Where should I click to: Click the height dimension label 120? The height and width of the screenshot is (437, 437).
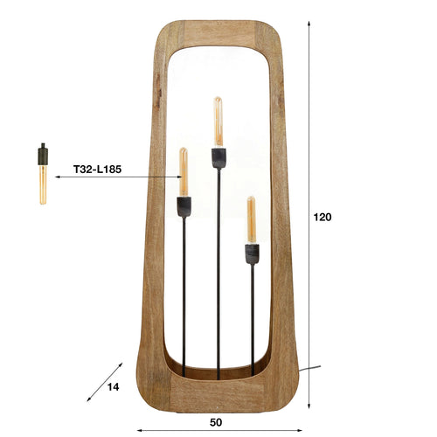322,217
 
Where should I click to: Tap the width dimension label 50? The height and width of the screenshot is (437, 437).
216,422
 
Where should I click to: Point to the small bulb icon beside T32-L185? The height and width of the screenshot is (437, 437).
41,174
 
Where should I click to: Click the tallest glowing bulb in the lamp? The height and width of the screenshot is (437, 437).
218,121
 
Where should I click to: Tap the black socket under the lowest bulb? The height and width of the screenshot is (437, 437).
251,253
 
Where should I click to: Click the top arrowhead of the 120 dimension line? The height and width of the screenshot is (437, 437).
309,21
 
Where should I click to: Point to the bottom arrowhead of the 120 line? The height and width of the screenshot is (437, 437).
309,406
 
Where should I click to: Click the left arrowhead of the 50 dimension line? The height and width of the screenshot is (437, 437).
139,429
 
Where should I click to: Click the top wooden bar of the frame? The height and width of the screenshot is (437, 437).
218,32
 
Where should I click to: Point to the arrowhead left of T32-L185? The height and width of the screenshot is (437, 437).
58,177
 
